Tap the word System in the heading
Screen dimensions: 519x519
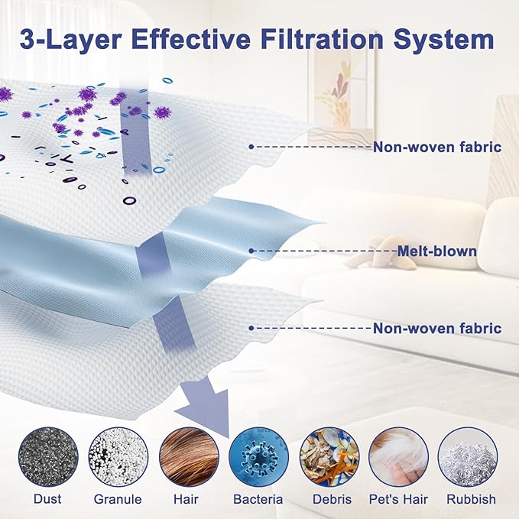coord(444,41)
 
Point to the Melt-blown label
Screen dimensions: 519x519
coord(437,251)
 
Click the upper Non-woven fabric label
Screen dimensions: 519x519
coord(437,147)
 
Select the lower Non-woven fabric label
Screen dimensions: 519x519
coord(437,329)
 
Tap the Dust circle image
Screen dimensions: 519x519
coord(48,457)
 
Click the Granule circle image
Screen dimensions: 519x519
coord(118,457)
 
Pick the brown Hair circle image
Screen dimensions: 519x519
coord(189,457)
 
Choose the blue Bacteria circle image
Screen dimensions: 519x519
coord(258,457)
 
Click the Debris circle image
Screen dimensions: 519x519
coord(329,457)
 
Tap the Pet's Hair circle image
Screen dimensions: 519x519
coord(398,457)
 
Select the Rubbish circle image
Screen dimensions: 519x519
coord(467,457)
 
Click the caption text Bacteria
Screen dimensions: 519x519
coord(258,499)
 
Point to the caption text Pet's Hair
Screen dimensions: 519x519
coord(398,499)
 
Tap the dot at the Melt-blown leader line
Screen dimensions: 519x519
coord(251,251)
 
